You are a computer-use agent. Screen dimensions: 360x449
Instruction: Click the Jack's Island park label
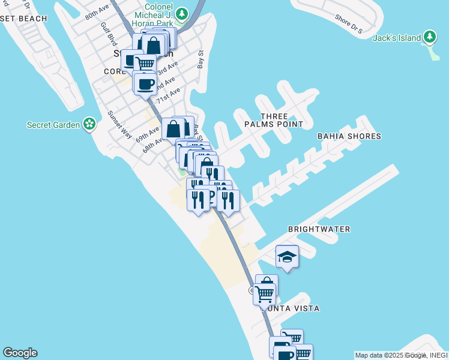pos(397,38)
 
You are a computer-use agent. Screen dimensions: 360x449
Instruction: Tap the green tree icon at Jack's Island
pos(429,37)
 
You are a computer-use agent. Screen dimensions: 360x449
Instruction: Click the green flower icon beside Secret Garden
pos(89,124)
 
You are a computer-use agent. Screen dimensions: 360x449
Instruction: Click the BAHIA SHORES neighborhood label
pos(349,136)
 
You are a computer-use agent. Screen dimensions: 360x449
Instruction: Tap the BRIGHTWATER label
pos(319,229)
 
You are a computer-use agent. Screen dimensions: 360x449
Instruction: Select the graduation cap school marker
pos(288,257)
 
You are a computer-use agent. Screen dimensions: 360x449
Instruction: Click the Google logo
pos(20,353)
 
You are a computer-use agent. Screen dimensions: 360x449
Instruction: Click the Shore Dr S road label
pos(349,24)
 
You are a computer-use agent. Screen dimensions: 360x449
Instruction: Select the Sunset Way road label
pos(119,125)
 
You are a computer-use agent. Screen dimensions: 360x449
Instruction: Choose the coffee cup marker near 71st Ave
pos(145,84)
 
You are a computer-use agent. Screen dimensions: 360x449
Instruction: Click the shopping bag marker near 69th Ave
pos(173,128)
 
